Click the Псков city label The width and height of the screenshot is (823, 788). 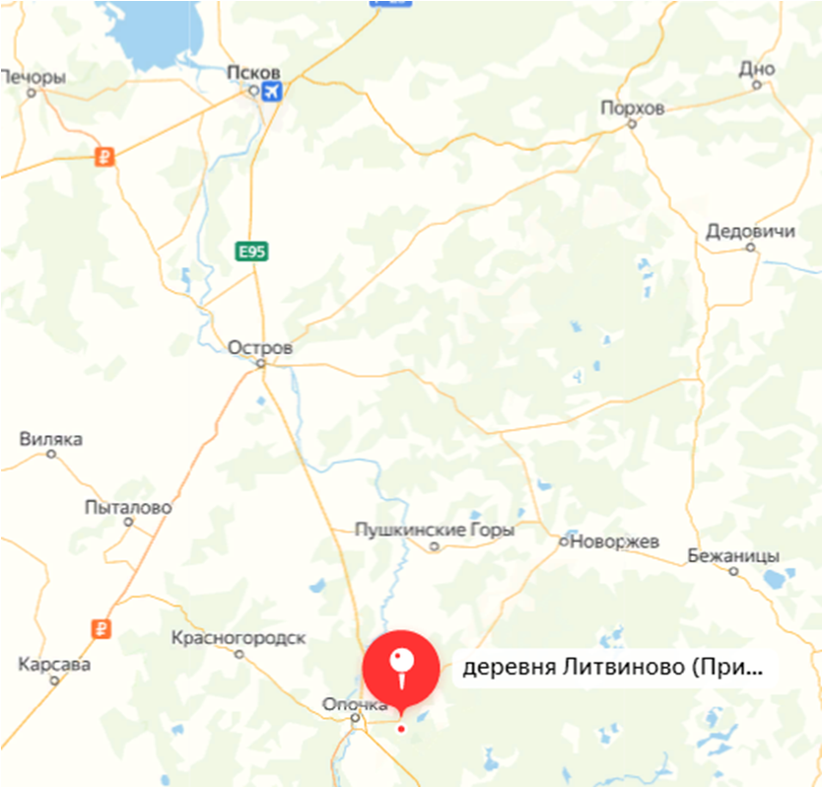coord(253,73)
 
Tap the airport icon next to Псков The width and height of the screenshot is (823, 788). coord(271,92)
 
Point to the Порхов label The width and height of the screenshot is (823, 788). coord(632,107)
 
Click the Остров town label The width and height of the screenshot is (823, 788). coord(259,348)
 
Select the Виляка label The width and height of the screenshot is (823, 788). coord(50,440)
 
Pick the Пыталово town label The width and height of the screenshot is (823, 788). coord(128,508)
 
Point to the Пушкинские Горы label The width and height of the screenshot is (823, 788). coord(434,531)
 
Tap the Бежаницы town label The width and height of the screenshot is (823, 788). coord(734,554)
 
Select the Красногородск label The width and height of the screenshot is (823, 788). coord(238,638)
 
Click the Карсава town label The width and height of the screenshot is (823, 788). coord(54,665)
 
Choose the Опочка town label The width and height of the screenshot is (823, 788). coord(355,704)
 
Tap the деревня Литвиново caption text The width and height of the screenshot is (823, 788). coord(612,668)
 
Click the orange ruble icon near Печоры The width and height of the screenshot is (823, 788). coord(103,156)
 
